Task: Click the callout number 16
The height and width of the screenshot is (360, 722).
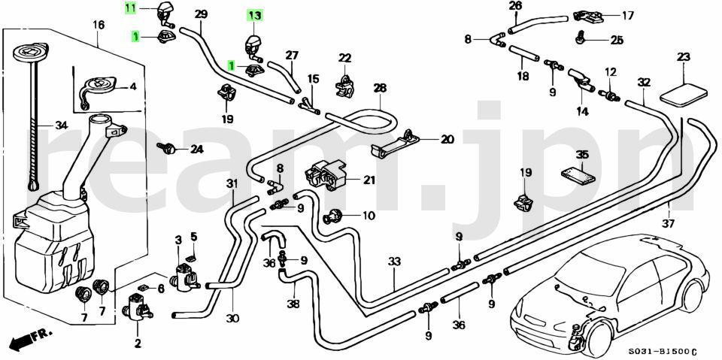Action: (99, 25)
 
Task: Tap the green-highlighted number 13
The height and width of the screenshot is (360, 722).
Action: (255, 16)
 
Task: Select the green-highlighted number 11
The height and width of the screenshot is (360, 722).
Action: (131, 8)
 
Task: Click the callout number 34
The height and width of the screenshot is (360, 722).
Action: (61, 125)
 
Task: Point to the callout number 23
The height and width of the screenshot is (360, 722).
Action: (684, 58)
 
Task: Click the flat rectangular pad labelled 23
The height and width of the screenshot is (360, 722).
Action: (684, 93)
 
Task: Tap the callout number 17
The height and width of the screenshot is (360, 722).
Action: (628, 16)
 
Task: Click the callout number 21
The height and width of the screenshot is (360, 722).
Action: (369, 180)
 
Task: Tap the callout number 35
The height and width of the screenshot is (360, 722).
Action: (582, 155)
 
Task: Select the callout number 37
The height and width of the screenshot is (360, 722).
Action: (668, 224)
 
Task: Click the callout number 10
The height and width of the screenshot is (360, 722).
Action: (369, 216)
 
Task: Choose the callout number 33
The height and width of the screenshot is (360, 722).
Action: (394, 262)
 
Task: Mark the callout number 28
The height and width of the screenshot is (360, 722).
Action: (381, 88)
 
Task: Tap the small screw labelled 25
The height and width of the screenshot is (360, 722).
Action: (580, 38)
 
